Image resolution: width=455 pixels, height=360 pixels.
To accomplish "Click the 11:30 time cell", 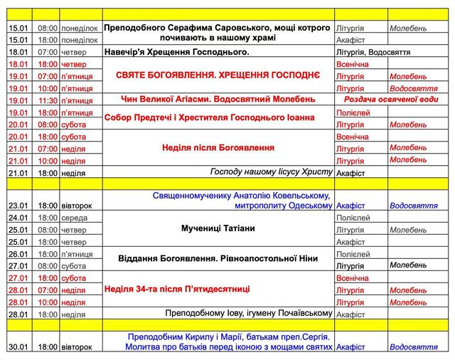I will (x=47, y=100).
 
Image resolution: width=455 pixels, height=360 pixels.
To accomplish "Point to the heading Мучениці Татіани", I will (x=218, y=229).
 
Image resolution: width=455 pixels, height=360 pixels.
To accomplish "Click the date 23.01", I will (x=18, y=206).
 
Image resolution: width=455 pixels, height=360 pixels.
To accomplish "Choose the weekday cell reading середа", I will (x=74, y=218).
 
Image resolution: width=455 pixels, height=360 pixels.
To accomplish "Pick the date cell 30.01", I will (x=18, y=347).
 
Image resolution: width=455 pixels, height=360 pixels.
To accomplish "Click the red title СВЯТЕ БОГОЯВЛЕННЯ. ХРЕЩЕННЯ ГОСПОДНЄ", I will (x=219, y=75).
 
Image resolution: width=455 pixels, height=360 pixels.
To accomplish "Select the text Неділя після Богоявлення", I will (x=218, y=148).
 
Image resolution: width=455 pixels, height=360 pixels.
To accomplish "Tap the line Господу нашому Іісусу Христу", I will (x=272, y=172).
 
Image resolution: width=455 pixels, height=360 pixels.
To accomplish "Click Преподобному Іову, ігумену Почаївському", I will (x=249, y=314).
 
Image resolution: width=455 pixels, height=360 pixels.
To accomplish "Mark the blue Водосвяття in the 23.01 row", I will (x=413, y=206).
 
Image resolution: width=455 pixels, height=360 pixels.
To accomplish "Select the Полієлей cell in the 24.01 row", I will (x=353, y=218).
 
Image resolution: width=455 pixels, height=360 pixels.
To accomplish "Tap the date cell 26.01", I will (x=18, y=254).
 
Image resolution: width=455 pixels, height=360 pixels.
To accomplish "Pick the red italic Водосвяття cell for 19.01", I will (x=413, y=88).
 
